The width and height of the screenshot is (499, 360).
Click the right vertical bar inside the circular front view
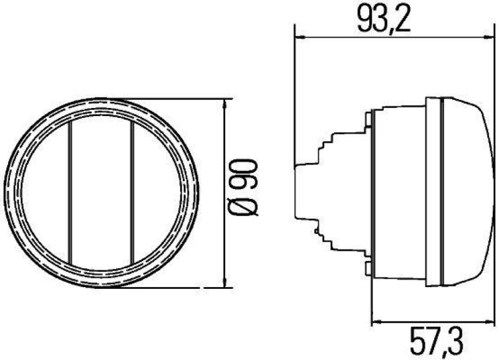pyautogui.click(x=133, y=192)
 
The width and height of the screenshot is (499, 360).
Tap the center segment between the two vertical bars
pyautogui.click(x=101, y=192)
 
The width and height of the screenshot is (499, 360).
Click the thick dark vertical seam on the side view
pyautogui.click(x=442, y=192)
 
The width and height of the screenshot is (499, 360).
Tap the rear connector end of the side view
pyautogui.click(x=300, y=192)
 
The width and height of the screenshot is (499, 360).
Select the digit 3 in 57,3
pyautogui.click(x=458, y=342)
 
